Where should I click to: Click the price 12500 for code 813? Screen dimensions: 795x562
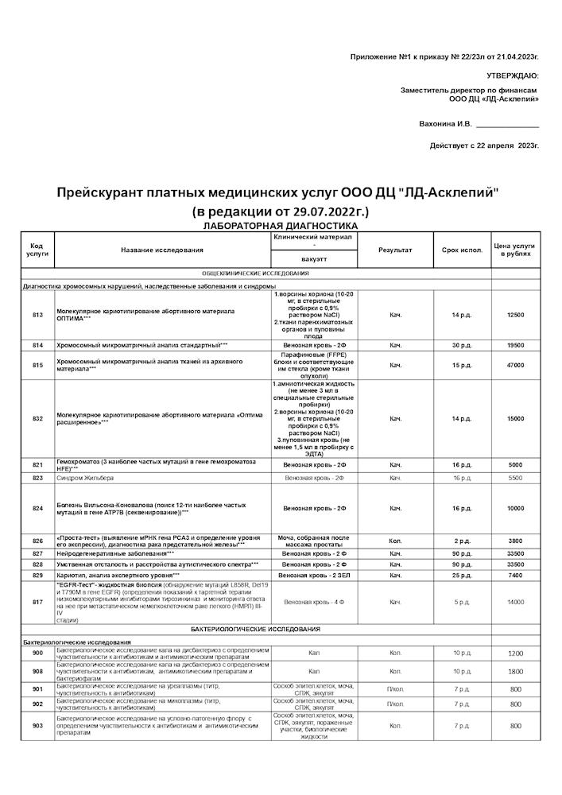pos(516,316)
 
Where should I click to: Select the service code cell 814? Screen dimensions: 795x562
pos(37,346)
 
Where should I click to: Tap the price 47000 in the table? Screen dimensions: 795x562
pos(516,365)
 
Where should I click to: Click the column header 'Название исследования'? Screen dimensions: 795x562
pos(162,250)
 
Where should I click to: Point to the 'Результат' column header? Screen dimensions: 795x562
pos(395,250)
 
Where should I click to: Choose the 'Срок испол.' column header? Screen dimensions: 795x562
pos(462,250)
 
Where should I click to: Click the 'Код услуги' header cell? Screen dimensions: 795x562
pos(37,250)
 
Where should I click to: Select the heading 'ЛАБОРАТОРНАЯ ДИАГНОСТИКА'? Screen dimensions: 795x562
pos(280,227)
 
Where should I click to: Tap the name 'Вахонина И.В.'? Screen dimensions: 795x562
pos(445,124)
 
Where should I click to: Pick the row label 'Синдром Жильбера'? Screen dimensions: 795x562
pos(85,478)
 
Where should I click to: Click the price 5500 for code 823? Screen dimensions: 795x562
pos(516,478)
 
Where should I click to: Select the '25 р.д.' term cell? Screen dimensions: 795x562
pos(462,575)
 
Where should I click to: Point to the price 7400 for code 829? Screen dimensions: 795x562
pos(516,575)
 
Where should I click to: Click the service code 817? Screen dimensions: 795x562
pos(37,602)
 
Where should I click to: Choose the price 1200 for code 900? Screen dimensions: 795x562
pos(516,653)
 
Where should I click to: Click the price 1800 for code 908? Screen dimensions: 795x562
pos(516,671)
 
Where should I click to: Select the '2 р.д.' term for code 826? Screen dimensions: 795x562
pos(462,541)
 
